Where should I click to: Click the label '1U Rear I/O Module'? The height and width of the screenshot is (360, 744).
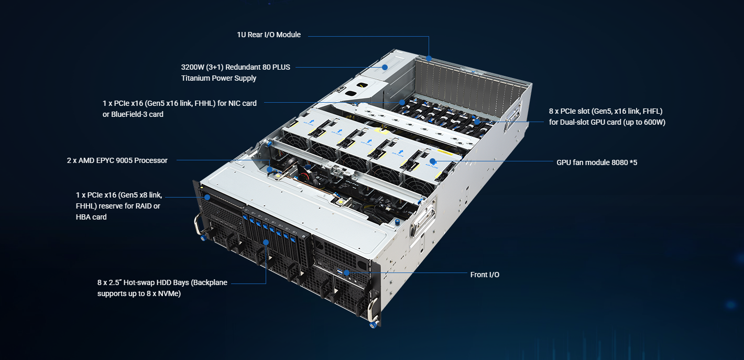[x=269, y=35]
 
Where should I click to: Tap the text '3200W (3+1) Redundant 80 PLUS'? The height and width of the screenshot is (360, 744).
[x=235, y=67]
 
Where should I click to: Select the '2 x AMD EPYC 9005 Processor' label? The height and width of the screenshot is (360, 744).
[x=117, y=160]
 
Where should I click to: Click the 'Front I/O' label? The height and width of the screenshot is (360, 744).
[x=485, y=275]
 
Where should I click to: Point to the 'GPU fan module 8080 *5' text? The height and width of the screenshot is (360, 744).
[x=597, y=162]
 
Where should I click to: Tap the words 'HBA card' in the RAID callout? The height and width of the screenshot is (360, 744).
[x=91, y=217]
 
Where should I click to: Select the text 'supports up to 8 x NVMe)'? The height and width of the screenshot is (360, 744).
[x=139, y=293]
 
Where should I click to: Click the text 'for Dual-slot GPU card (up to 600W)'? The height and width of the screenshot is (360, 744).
[x=607, y=122]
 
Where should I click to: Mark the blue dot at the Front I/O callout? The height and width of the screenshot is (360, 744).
[x=346, y=273]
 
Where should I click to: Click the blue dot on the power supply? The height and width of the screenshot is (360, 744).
[x=385, y=67]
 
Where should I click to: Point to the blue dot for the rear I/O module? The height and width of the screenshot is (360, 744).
[x=429, y=59]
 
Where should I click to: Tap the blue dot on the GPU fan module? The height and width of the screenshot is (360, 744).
[x=432, y=161]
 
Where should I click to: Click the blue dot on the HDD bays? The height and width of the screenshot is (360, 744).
[x=266, y=243]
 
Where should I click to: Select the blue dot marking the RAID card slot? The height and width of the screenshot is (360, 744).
[x=207, y=197]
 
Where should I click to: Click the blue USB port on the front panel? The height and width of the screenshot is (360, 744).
[x=339, y=272]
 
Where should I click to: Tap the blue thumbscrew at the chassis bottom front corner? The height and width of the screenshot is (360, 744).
[x=374, y=324]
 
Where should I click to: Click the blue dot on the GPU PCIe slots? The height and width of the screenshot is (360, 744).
[x=477, y=122]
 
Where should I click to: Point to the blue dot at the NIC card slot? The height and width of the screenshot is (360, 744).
[x=402, y=102]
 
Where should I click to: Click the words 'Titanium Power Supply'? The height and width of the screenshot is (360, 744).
[x=218, y=78]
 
